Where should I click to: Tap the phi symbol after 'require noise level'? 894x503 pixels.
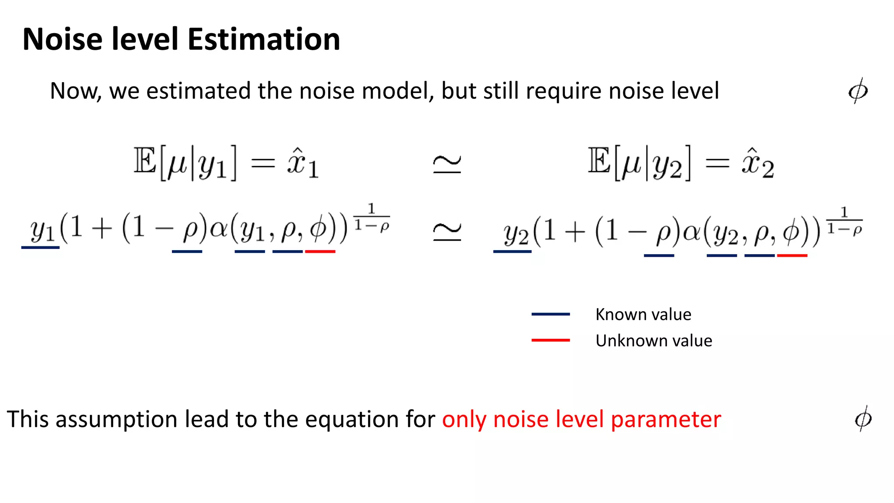pyautogui.click(x=858, y=91)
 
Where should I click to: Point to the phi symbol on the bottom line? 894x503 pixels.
pyautogui.click(x=863, y=418)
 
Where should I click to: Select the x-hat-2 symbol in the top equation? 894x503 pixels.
pyautogui.click(x=758, y=164)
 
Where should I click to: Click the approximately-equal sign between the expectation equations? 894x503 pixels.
pyautogui.click(x=447, y=164)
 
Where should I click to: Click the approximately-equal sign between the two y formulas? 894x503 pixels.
pyautogui.click(x=447, y=231)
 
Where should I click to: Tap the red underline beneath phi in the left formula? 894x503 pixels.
pyautogui.click(x=320, y=251)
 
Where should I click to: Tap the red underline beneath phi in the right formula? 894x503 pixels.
pyautogui.click(x=792, y=255)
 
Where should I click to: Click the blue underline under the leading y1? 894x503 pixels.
pyautogui.click(x=40, y=248)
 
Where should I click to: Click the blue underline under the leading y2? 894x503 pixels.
pyautogui.click(x=512, y=251)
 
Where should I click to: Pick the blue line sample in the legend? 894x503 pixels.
pyautogui.click(x=550, y=314)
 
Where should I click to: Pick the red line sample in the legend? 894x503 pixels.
pyautogui.click(x=550, y=340)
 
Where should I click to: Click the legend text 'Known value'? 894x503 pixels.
pyautogui.click(x=643, y=314)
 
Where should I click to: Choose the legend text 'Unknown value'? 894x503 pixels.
pyautogui.click(x=653, y=341)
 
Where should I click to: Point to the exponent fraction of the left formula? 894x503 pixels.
pyautogui.click(x=371, y=217)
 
